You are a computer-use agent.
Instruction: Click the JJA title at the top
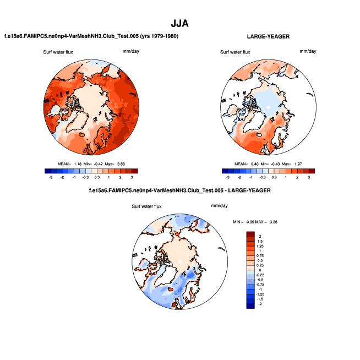point(180,24)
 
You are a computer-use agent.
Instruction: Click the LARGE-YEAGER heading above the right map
point(269,36)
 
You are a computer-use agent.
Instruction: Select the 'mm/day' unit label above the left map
point(131,51)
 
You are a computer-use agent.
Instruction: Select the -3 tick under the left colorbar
point(51,178)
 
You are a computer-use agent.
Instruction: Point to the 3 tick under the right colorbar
point(309,178)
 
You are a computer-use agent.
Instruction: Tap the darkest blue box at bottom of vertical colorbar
point(251,306)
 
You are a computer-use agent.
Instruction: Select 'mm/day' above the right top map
point(308,51)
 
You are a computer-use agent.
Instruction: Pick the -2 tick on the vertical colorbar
point(261,304)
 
